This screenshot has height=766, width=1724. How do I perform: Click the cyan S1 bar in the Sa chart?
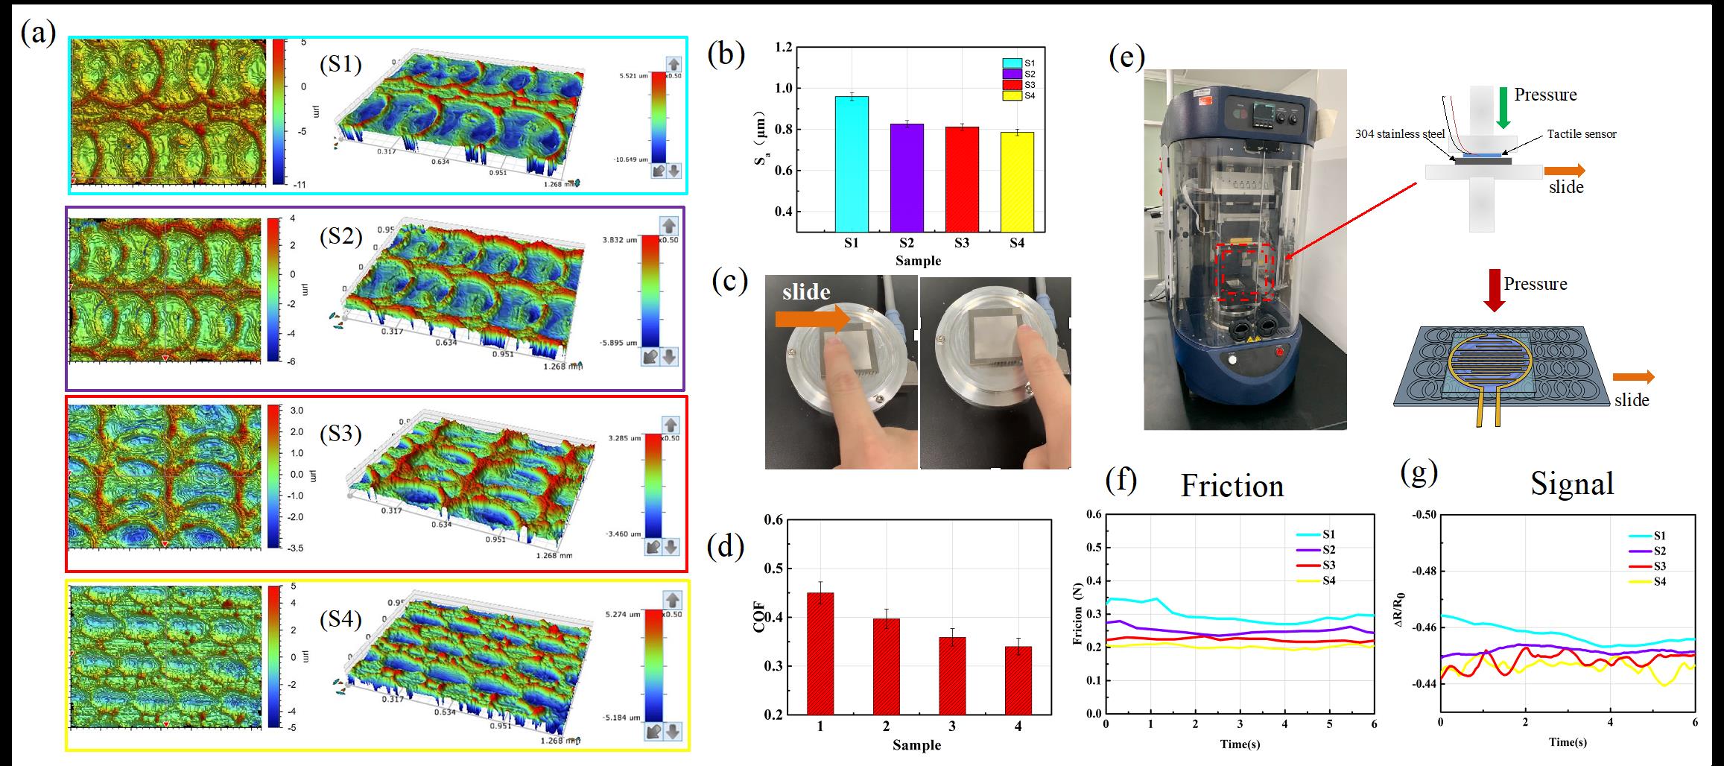852,164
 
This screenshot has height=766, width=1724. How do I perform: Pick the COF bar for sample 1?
820,656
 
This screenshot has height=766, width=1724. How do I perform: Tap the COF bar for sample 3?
951,678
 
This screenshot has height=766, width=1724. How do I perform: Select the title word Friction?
1232,486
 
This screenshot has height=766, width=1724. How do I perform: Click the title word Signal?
1572,484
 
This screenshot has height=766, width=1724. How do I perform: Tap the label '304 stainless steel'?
1400,134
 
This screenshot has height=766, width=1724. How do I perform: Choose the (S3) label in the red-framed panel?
340,433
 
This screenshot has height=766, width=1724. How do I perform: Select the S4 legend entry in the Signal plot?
1660,581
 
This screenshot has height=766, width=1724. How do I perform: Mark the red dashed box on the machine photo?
1246,272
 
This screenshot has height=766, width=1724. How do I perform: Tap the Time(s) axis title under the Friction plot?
1240,744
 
